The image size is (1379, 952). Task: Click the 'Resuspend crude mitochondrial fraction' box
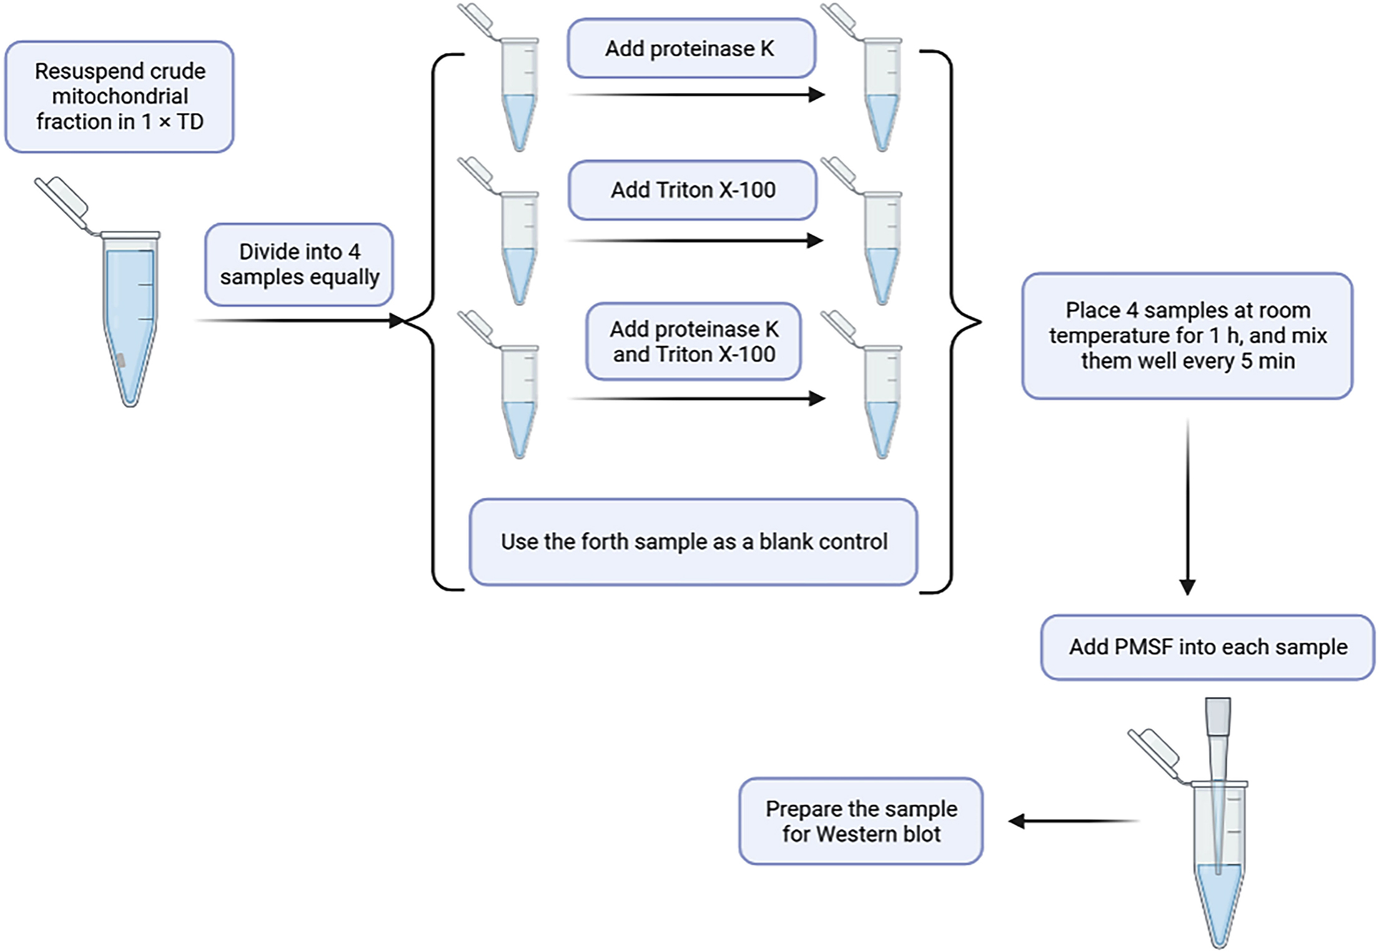coord(119,97)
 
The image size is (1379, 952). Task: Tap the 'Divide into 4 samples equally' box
coord(299,264)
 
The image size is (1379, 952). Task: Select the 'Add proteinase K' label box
coord(691,49)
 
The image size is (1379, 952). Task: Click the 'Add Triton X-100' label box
coord(692,190)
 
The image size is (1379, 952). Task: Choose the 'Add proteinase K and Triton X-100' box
coord(693,342)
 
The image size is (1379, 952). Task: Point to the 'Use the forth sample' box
coord(693,542)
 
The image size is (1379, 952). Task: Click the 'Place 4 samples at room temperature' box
coord(1187,335)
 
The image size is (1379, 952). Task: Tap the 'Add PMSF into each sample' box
coord(1207,647)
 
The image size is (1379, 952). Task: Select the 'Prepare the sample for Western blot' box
coord(861,821)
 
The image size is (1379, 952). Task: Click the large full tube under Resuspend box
coord(130,319)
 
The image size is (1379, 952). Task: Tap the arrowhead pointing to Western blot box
coord(1017,821)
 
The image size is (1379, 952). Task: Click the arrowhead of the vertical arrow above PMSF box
coord(1187,587)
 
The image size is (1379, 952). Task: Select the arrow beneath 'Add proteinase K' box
coord(696,95)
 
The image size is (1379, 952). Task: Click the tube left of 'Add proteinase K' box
coord(519,94)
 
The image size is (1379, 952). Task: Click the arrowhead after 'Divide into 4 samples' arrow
coord(397,320)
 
